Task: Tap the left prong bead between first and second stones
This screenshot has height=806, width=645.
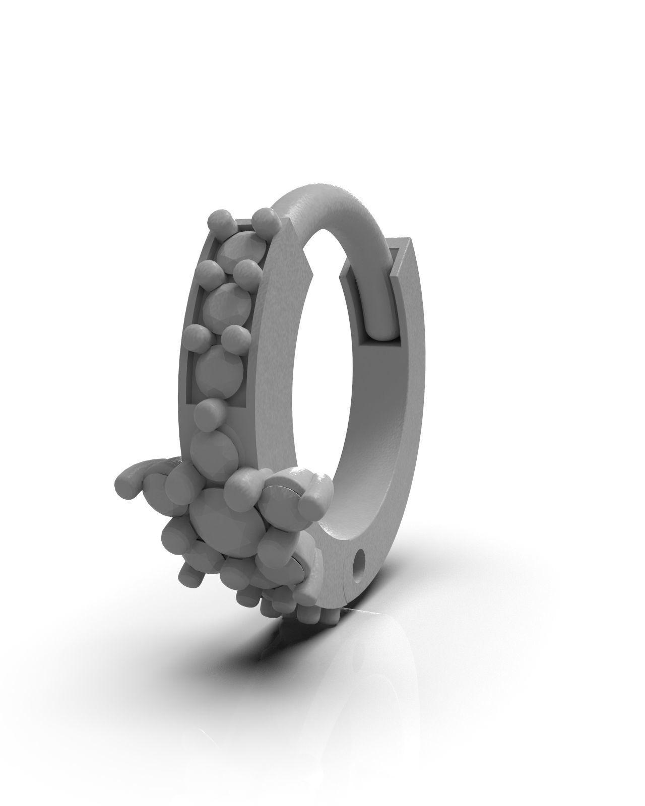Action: pyautogui.click(x=207, y=271)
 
